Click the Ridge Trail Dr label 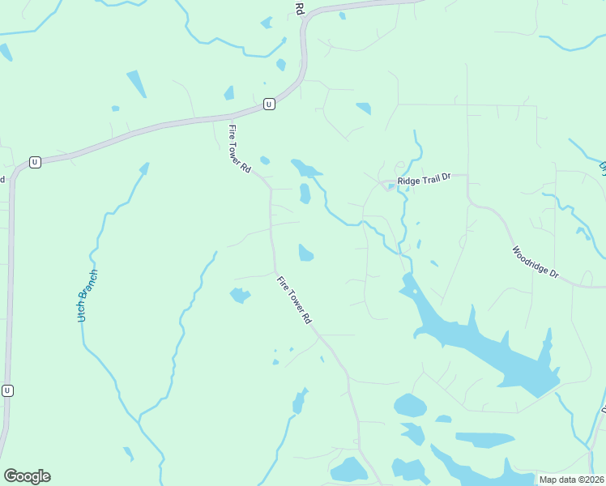(x=422, y=181)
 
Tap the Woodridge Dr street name (x=536, y=262)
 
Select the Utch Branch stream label (x=88, y=296)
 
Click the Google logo (x=27, y=476)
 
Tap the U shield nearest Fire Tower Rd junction (x=269, y=104)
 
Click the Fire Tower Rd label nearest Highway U (x=239, y=147)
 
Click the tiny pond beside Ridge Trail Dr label (x=391, y=187)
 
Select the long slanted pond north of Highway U (x=136, y=83)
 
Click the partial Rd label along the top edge (x=299, y=9)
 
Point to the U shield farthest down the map (x=7, y=390)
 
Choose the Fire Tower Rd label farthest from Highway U (x=294, y=300)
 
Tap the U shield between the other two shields (x=34, y=162)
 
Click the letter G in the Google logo (x=11, y=476)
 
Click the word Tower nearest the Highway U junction (x=239, y=147)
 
